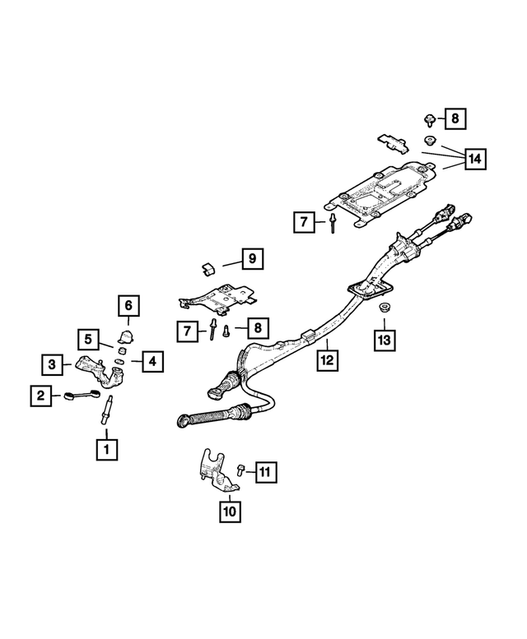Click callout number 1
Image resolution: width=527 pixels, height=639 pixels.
[x=105, y=449]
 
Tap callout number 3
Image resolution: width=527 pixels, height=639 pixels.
[x=52, y=363]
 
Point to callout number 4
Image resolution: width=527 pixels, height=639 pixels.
[x=152, y=360]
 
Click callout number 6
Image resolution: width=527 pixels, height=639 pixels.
[x=128, y=306]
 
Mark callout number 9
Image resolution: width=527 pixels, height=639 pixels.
[x=252, y=259]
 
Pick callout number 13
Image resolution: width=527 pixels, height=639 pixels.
[x=383, y=338]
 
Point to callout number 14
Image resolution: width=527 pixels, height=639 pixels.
[x=474, y=158]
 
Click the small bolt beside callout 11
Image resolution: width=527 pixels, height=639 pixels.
[x=238, y=470]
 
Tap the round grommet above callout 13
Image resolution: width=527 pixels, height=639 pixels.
[x=383, y=308]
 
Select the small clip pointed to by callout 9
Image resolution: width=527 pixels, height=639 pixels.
[x=208, y=266]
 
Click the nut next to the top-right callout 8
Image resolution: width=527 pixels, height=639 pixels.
[x=429, y=120]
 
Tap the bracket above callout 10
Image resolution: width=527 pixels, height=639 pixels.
[x=212, y=470]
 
